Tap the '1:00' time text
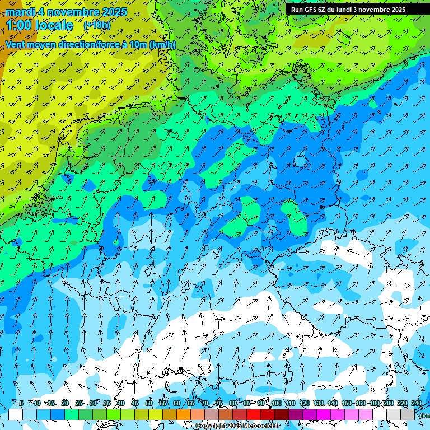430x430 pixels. (18, 25)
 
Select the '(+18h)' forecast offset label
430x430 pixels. (97, 25)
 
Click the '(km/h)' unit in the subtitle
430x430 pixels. (162, 44)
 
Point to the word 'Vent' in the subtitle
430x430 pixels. (16, 44)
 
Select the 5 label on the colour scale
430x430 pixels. (21, 404)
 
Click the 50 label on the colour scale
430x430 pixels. (149, 404)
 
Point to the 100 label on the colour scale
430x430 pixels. (276, 404)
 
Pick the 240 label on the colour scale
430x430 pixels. (417, 404)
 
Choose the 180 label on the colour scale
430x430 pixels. (374, 404)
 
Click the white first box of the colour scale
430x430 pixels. (16, 414)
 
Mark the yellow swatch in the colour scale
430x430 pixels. (142, 414)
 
